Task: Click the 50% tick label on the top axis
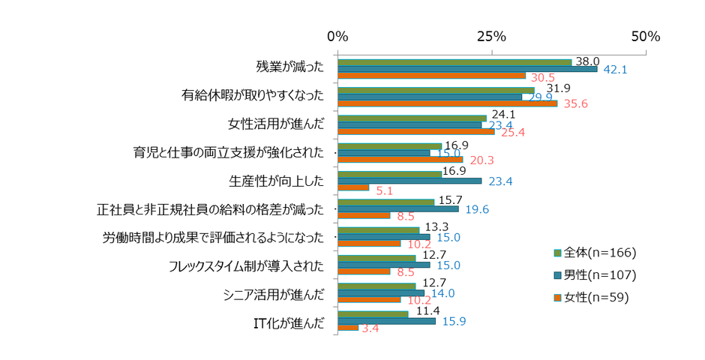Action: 645,36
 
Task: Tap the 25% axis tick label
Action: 491,36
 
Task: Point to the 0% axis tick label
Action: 337,36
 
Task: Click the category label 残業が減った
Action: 290,67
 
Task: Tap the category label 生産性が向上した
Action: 276,181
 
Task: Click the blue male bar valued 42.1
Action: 467,69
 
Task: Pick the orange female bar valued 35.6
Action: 448,103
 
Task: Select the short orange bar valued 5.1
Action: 353,187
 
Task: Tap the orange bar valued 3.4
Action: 348,328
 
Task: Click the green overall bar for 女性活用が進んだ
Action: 412,118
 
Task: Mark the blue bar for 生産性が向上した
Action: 409,181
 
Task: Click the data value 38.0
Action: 586,62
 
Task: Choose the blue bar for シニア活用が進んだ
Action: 381,293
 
